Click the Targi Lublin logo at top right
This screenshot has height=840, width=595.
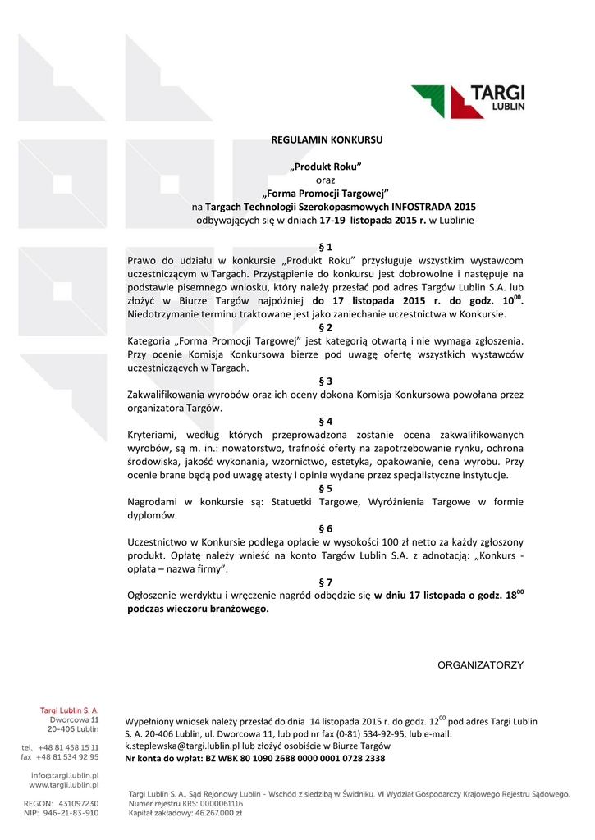click(468, 102)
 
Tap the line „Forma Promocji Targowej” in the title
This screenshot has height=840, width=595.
click(325, 194)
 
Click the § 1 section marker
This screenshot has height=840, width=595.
click(326, 247)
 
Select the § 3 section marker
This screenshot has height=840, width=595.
click(326, 381)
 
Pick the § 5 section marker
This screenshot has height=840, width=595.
click(326, 487)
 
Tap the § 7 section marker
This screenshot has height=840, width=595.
click(326, 582)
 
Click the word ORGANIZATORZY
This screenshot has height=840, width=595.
click(480, 664)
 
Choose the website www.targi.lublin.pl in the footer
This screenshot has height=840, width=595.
click(64, 785)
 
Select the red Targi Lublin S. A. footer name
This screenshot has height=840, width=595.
click(70, 710)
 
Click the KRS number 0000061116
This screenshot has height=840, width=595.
click(214, 804)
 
